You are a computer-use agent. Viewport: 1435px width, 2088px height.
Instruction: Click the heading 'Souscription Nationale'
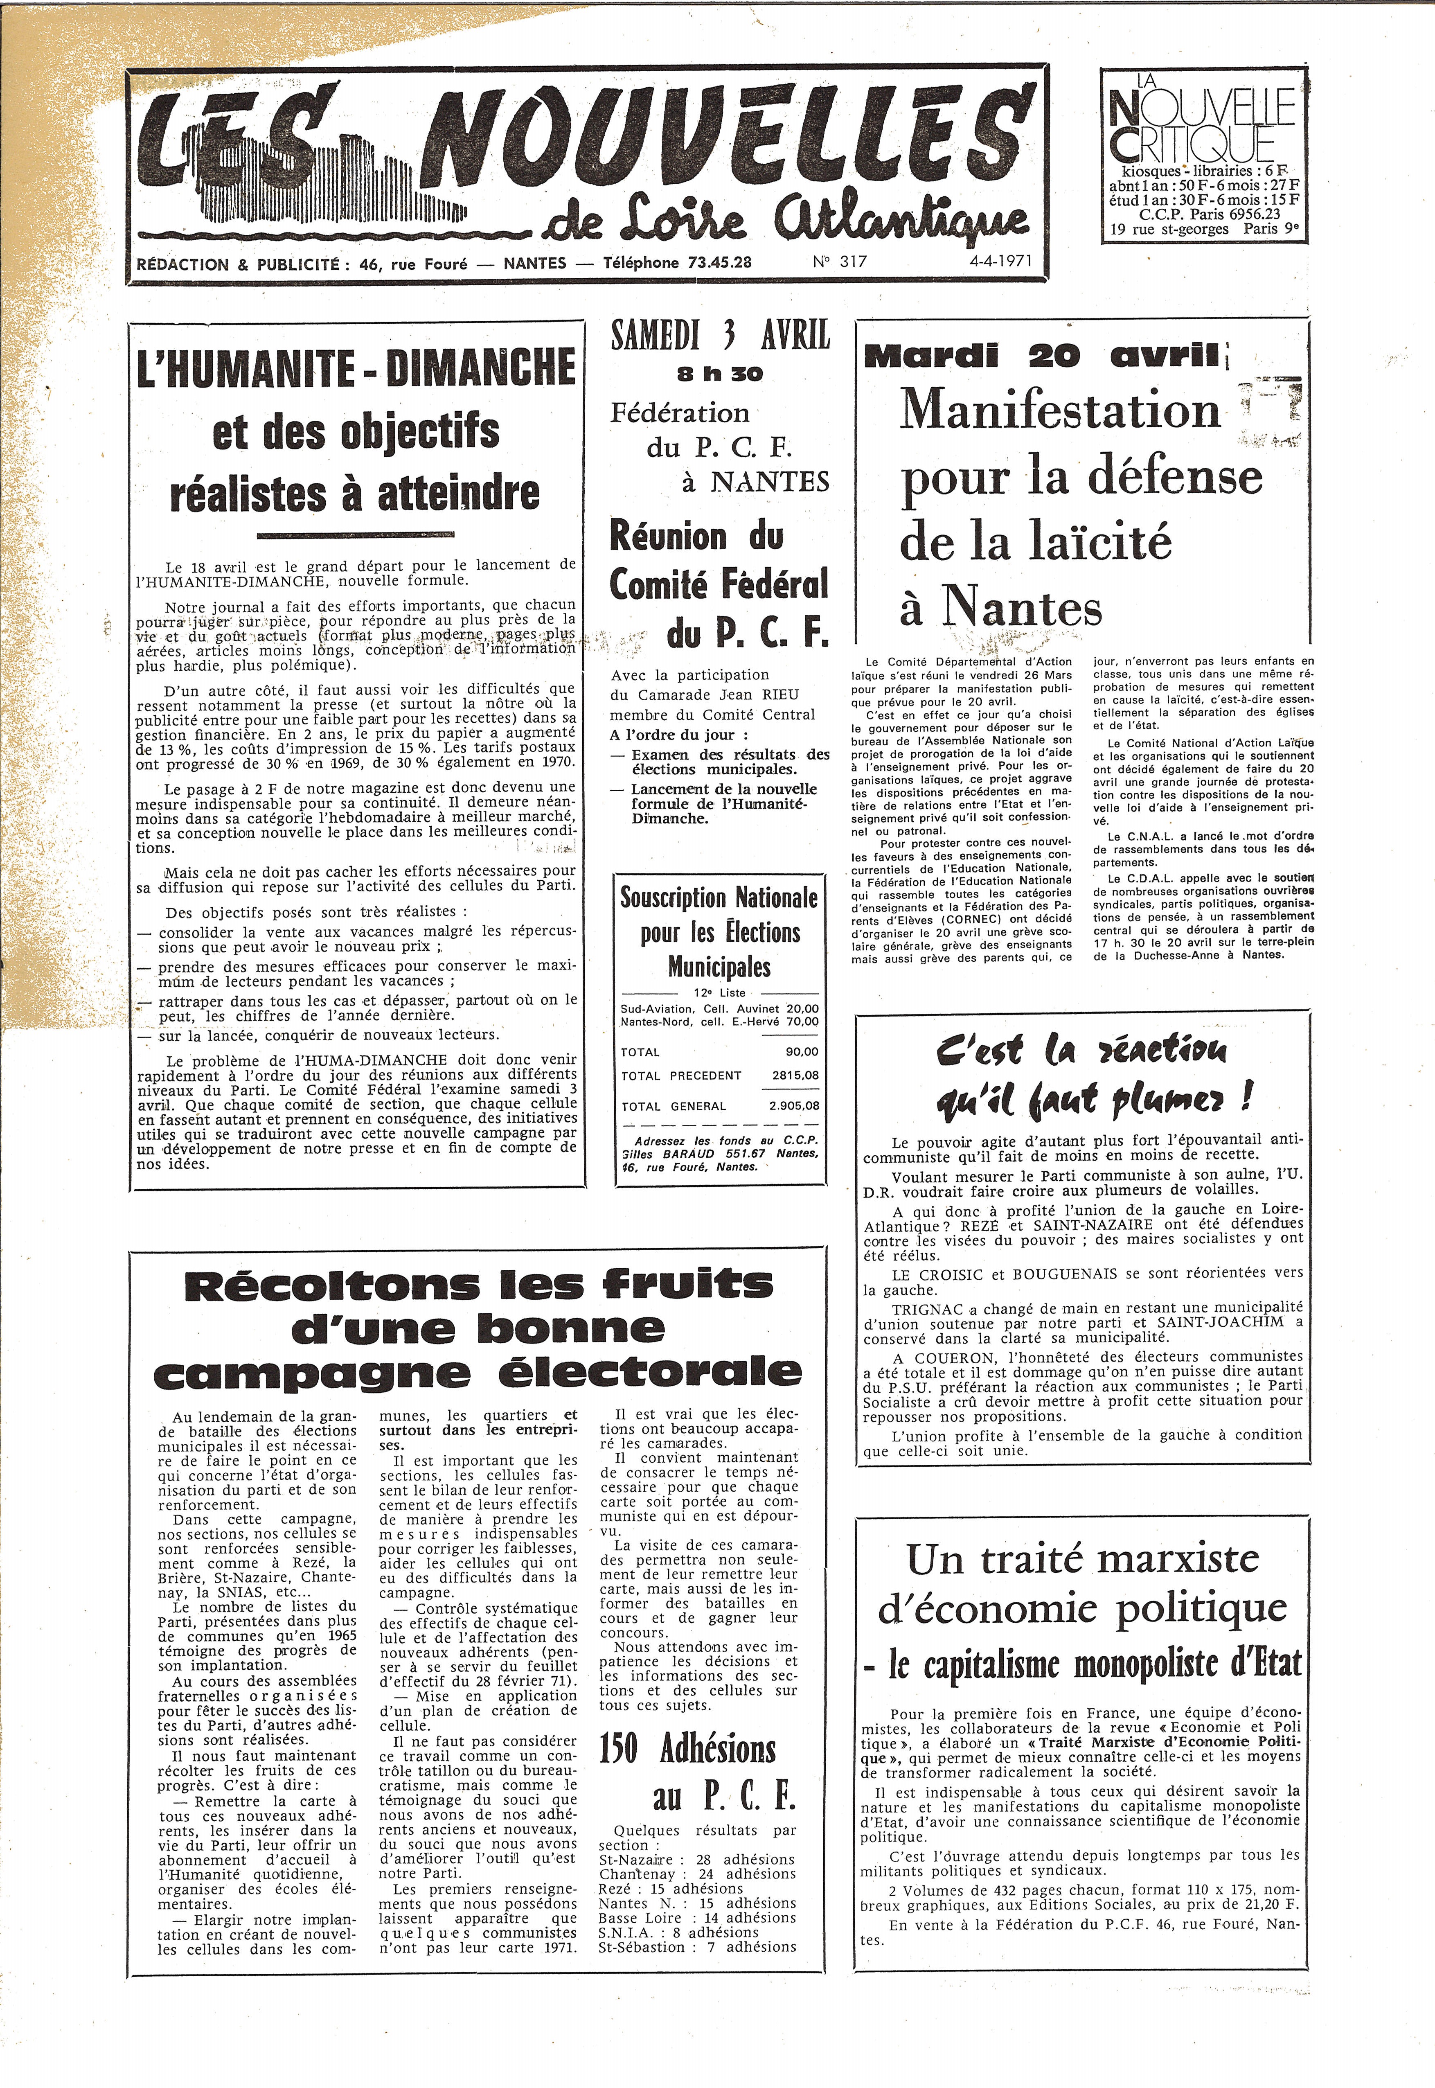click(x=719, y=898)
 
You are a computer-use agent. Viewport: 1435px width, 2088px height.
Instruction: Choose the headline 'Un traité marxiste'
click(x=1081, y=1558)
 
